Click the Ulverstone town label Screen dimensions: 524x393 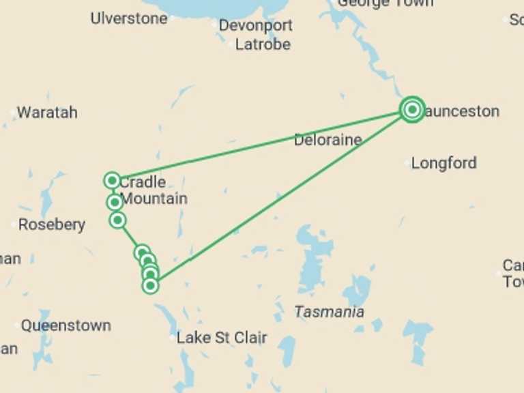[128, 18]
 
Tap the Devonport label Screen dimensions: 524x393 [256, 26]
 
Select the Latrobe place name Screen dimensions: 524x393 [263, 45]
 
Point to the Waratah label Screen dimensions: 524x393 [47, 113]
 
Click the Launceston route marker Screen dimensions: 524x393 [412, 109]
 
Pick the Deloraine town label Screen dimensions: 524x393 [327, 141]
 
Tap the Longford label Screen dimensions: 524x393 [443, 163]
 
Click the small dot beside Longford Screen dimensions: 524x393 [407, 163]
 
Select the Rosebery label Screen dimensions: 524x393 [52, 224]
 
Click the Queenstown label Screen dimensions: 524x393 [65, 325]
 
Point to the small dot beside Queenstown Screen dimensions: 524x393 [16, 325]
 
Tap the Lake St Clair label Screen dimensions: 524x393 [222, 338]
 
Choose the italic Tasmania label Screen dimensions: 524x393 [329, 312]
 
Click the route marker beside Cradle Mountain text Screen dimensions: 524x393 [112, 181]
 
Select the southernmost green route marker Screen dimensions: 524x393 [151, 285]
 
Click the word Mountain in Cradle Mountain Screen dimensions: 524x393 [154, 199]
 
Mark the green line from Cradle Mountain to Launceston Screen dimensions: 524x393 [259, 145]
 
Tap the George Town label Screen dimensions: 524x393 [385, 3]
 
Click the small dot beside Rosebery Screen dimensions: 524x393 [14, 224]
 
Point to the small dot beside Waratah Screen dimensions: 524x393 [13, 113]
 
